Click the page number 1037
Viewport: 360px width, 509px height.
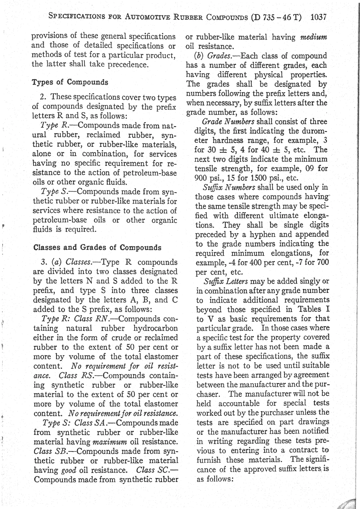click(318, 17)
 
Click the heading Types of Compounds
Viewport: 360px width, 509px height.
click(70, 82)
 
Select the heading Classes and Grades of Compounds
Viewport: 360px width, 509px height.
click(97, 248)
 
